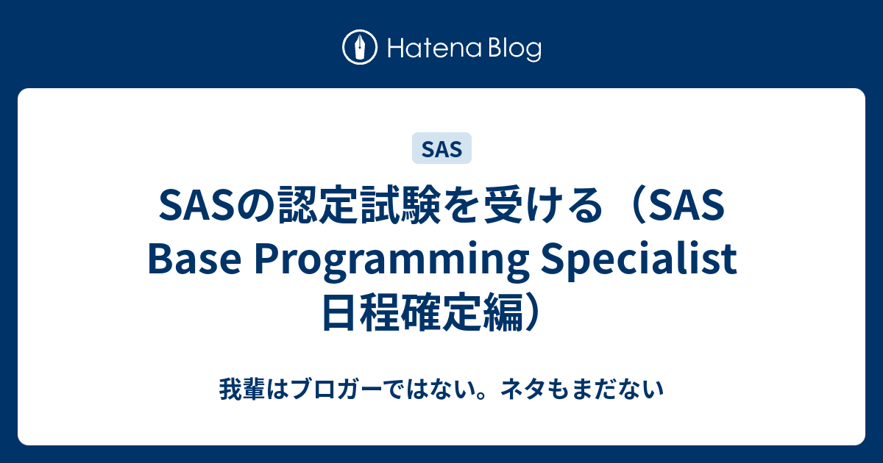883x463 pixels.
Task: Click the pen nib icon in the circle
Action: click(x=360, y=47)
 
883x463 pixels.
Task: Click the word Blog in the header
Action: click(x=515, y=49)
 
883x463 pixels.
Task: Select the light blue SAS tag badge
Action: click(x=441, y=148)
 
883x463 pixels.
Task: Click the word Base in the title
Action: click(x=194, y=258)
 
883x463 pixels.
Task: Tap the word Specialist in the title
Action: click(x=639, y=258)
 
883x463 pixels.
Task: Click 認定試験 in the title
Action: click(x=359, y=205)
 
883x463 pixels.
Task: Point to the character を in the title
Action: click(x=462, y=205)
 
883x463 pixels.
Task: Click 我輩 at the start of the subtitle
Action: click(x=242, y=389)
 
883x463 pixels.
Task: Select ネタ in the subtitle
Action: click(x=523, y=389)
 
